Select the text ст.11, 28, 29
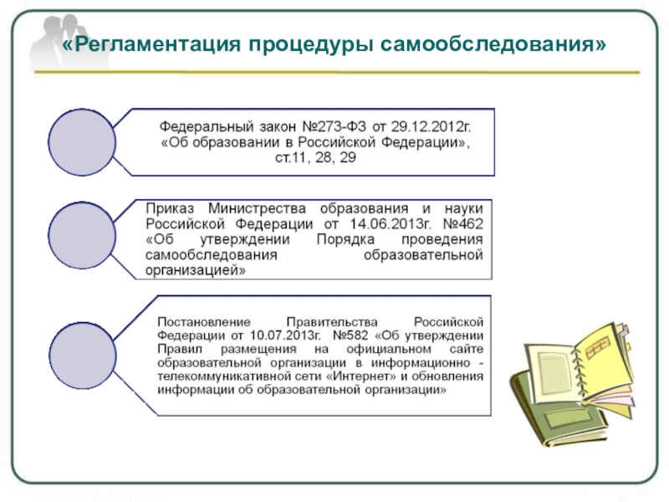point(314,157)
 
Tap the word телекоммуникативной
point(225,376)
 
